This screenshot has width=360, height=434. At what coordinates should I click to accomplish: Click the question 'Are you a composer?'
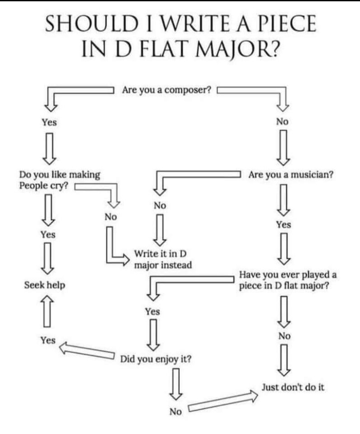tap(166, 90)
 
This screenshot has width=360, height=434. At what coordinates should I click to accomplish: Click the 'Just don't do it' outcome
tap(293, 387)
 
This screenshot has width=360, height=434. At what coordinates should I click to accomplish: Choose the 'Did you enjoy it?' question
tap(155, 359)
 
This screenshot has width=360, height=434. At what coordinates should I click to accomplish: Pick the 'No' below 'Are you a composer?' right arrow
tap(283, 122)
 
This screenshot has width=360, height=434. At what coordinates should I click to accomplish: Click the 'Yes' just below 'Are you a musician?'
tap(284, 225)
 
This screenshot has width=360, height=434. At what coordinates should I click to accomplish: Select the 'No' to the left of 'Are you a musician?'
tap(160, 205)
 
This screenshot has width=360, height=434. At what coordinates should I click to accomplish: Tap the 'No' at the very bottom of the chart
tap(175, 411)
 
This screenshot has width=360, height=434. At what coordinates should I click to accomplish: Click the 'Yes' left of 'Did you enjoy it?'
tap(47, 340)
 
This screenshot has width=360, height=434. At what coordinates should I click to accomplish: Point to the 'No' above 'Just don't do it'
tap(284, 336)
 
